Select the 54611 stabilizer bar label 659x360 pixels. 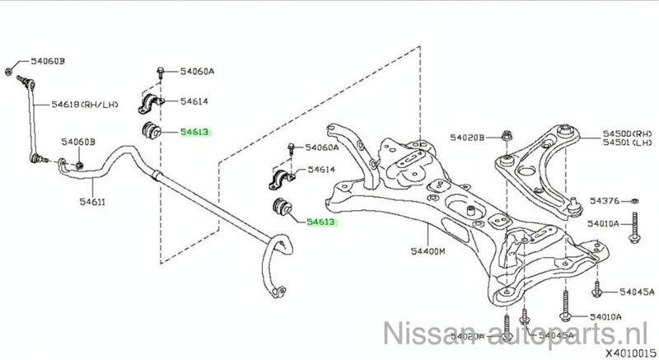pos(92,200)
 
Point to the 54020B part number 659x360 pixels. pos(469,137)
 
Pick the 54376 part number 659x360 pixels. pos(609,201)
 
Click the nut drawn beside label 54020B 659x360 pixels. pos(506,137)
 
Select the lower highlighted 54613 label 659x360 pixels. pos(321,221)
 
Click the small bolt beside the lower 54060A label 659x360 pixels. pos(292,150)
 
